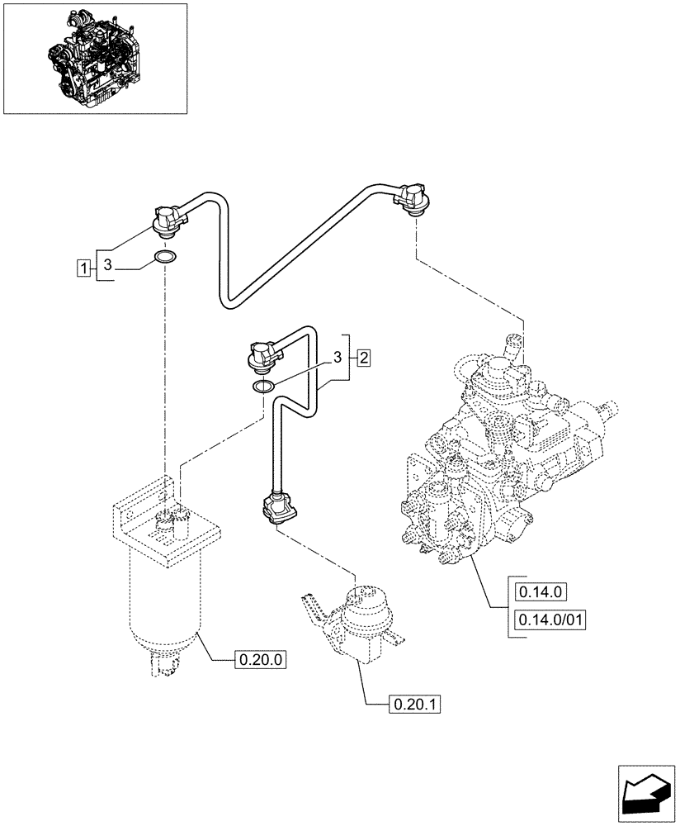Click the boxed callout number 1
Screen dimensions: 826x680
click(83, 267)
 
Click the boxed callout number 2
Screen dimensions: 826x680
click(363, 358)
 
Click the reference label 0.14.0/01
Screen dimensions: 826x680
click(549, 619)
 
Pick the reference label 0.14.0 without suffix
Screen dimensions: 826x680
click(539, 591)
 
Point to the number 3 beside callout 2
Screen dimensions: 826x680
click(337, 357)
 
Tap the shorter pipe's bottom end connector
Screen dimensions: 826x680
click(276, 506)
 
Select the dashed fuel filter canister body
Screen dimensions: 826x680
click(163, 603)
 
